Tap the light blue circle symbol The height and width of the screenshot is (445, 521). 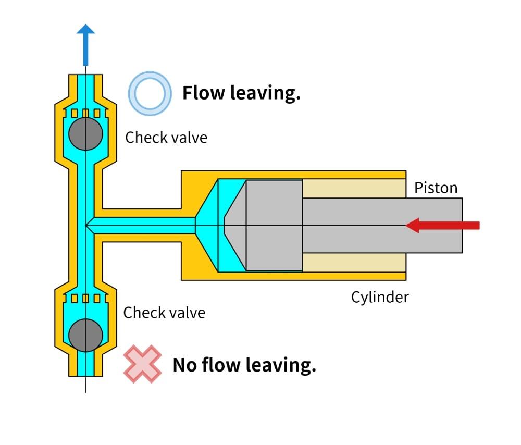(150, 93)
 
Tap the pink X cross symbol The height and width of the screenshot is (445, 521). (142, 364)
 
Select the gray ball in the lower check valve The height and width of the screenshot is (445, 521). (85, 334)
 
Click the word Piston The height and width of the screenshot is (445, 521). (436, 188)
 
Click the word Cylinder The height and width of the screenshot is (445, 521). (379, 297)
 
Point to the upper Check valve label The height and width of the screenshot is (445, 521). (166, 138)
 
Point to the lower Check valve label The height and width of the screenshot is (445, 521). (164, 313)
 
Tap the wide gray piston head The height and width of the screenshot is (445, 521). (274, 225)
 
